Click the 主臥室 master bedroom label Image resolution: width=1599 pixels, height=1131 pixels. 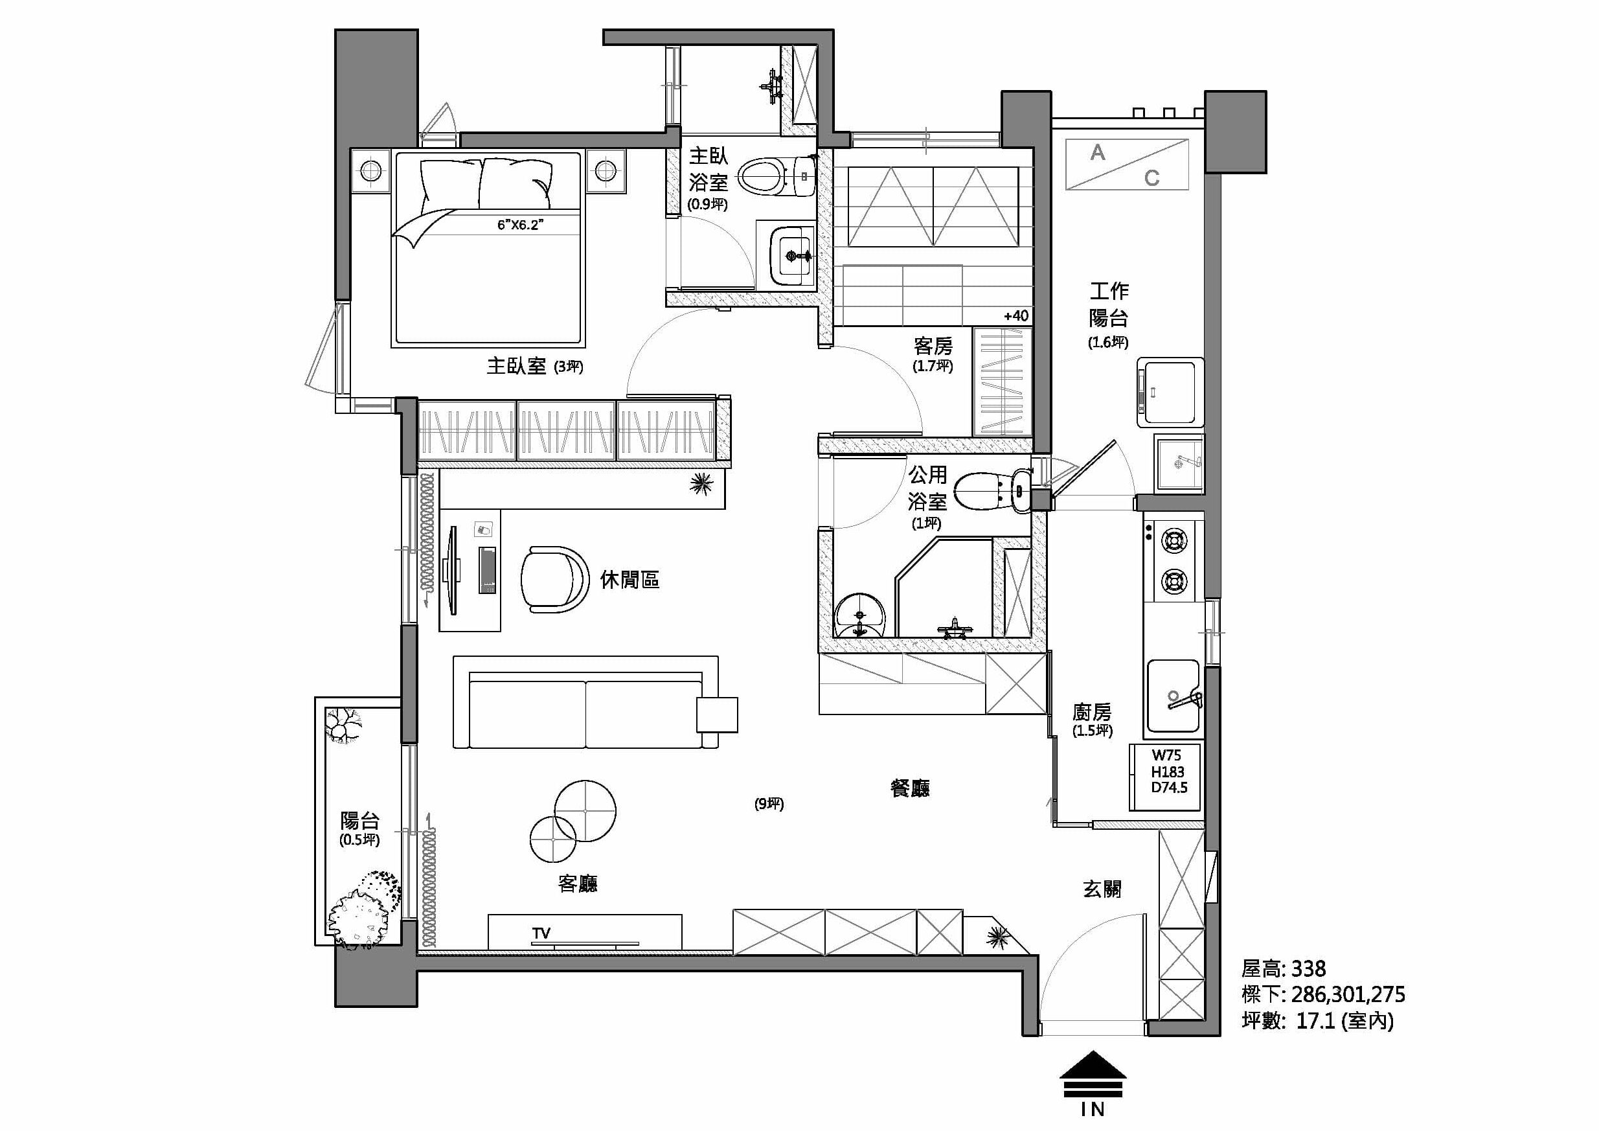[x=516, y=365]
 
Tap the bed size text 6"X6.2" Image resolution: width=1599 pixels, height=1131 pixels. [x=520, y=224]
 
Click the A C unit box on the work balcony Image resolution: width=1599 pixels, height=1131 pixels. [x=1127, y=165]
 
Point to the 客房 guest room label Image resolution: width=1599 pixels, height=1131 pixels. [x=933, y=345]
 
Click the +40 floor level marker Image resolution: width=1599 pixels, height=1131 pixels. [x=1016, y=315]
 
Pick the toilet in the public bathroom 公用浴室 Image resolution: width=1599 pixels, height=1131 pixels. [x=992, y=492]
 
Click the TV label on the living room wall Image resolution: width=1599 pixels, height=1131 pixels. [x=541, y=933]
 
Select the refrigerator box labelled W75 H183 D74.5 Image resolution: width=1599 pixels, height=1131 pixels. [x=1165, y=777]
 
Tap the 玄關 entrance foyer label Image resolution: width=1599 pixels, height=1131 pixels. [x=1102, y=889]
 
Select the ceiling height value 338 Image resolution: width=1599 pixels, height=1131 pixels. [x=1309, y=968]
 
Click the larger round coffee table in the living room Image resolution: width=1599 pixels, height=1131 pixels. [x=585, y=810]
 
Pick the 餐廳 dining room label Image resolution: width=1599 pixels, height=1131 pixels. [x=910, y=788]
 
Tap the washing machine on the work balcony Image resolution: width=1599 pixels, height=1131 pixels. [x=1170, y=392]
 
